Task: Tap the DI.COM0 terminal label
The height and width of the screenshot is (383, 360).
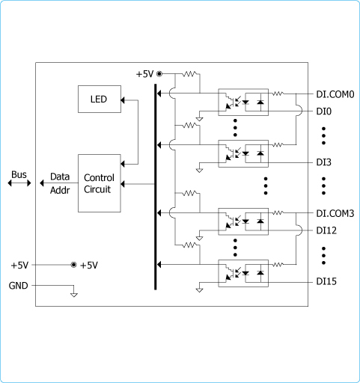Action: (x=335, y=94)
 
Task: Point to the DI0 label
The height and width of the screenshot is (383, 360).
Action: (x=324, y=111)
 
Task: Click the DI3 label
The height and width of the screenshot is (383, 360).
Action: (x=324, y=162)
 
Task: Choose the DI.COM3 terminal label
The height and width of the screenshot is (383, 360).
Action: (x=335, y=213)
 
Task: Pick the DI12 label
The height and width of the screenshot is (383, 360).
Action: (x=326, y=230)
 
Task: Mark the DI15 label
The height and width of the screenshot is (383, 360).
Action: (x=326, y=281)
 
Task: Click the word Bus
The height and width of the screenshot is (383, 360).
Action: (x=19, y=174)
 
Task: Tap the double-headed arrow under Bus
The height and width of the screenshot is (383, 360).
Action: (x=19, y=183)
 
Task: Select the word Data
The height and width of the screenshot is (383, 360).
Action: (x=60, y=177)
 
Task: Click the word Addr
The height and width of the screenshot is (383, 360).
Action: (x=60, y=190)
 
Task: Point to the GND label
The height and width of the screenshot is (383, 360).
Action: (x=18, y=286)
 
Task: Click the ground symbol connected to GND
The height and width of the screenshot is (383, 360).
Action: (x=74, y=295)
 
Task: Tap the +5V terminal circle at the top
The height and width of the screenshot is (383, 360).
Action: (x=159, y=74)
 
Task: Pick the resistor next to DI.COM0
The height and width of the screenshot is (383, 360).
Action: (x=278, y=94)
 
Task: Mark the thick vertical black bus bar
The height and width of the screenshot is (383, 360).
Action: (x=156, y=187)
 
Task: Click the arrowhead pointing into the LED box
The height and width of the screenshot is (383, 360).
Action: (x=123, y=100)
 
